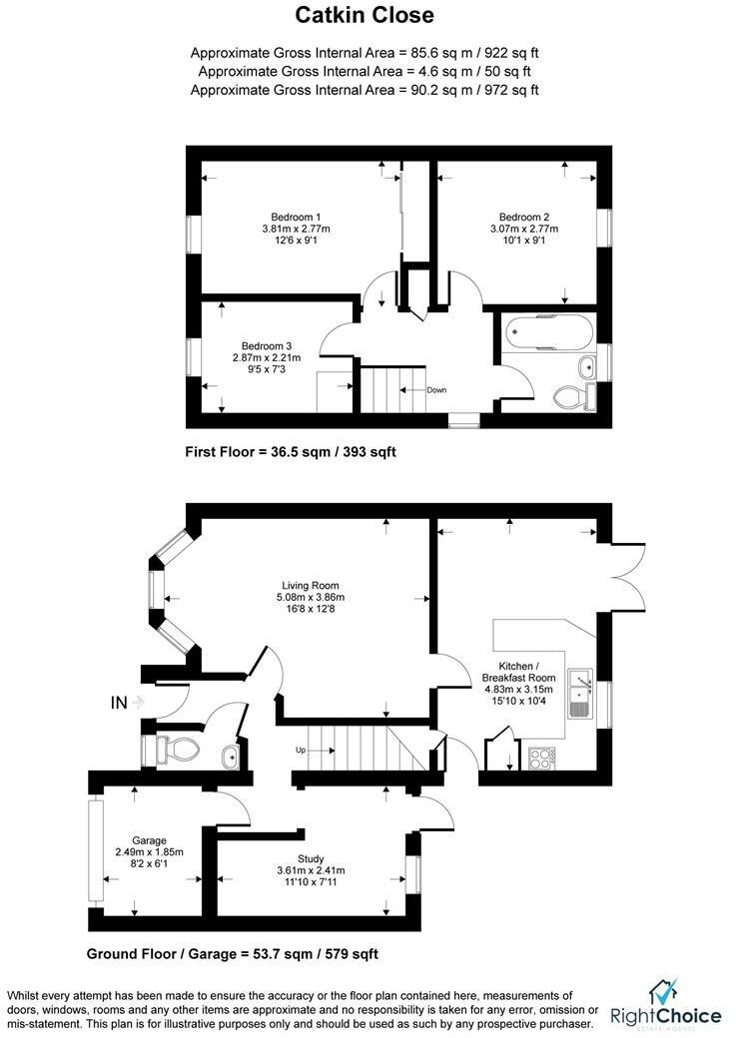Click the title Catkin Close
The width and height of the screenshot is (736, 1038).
365,15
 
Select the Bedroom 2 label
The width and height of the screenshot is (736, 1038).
524,217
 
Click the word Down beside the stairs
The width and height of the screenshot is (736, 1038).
436,390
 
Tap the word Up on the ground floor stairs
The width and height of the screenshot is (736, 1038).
299,749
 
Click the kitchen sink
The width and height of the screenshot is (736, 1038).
579,695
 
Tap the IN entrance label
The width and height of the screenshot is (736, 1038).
119,703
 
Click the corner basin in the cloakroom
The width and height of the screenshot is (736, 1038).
231,756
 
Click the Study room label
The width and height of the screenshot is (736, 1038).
311,858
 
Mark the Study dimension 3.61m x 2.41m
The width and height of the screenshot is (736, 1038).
311,871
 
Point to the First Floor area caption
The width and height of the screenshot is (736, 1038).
291,452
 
